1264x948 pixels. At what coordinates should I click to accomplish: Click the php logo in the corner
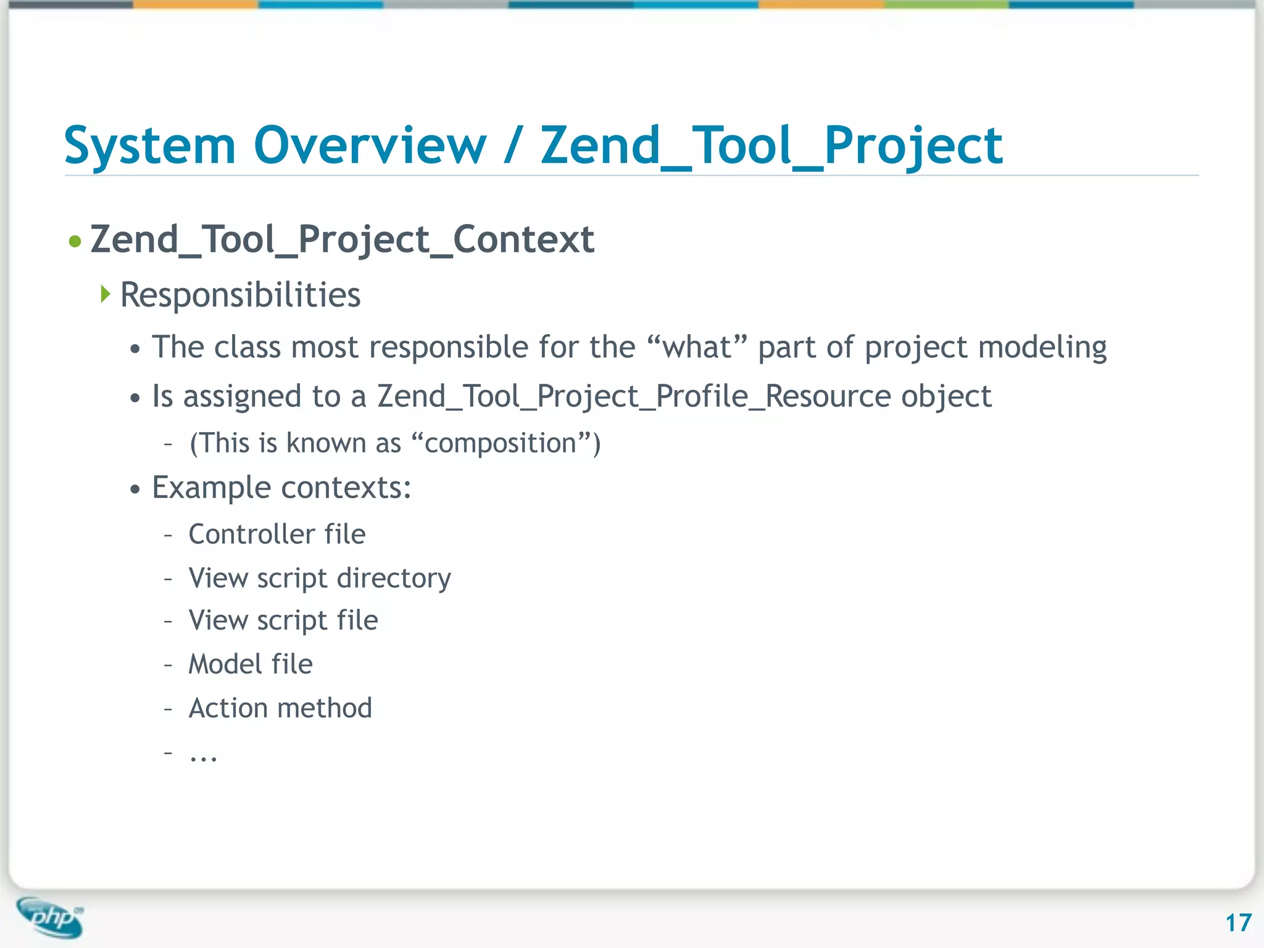pyautogui.click(x=51, y=917)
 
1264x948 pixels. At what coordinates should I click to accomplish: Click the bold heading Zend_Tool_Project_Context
pyautogui.click(x=342, y=239)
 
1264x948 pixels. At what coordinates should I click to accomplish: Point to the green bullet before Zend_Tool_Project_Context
pyautogui.click(x=75, y=241)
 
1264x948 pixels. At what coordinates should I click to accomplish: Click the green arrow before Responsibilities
pyautogui.click(x=106, y=294)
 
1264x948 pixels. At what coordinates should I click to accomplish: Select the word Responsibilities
pyautogui.click(x=240, y=295)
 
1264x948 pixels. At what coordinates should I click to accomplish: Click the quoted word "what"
pyautogui.click(x=697, y=347)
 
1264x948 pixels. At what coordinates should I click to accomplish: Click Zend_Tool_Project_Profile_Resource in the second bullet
pyautogui.click(x=632, y=396)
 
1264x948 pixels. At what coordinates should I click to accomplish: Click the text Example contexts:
pyautogui.click(x=281, y=488)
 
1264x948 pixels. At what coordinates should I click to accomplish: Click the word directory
pyautogui.click(x=394, y=579)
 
